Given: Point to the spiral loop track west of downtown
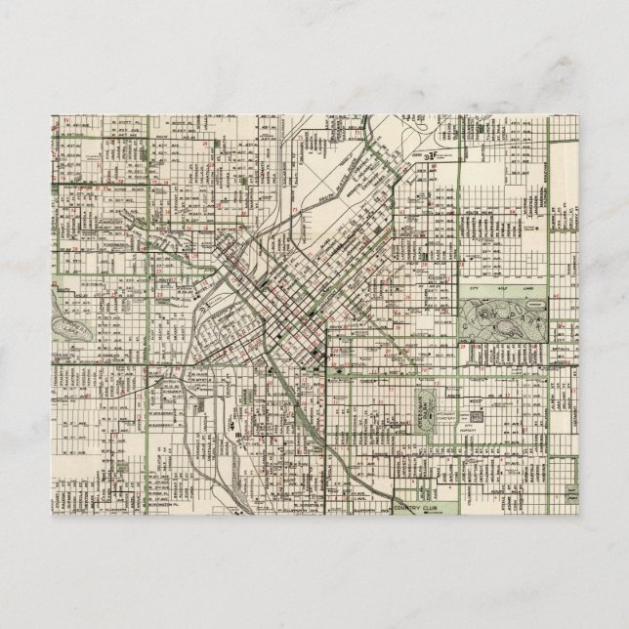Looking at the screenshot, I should click(x=201, y=312).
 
